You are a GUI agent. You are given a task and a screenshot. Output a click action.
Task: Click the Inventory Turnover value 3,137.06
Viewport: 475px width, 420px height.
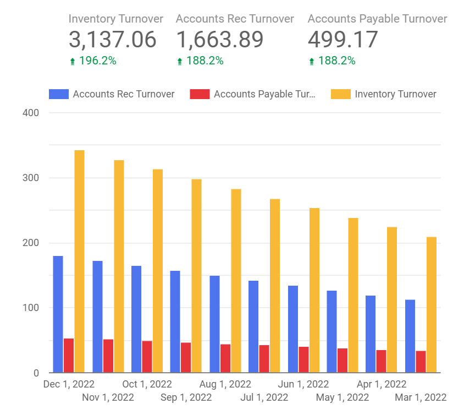coord(112,40)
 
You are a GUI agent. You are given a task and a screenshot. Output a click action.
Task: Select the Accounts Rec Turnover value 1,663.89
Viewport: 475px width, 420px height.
coord(219,40)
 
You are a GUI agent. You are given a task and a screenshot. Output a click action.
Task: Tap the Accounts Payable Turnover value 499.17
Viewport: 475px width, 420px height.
coord(343,40)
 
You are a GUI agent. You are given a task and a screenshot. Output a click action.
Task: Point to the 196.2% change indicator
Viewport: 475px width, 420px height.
coord(97,61)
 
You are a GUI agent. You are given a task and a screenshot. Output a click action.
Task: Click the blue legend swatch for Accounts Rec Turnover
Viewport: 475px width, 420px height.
coord(58,94)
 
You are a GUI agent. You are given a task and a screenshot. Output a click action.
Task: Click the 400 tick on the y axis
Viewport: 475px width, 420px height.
coord(30,113)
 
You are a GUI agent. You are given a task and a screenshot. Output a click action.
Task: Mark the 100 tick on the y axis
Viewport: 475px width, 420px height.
coord(30,308)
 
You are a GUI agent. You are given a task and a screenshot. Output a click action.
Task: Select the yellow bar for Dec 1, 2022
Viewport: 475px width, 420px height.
coord(79,261)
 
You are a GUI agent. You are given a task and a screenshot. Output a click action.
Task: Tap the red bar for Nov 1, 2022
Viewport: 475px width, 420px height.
coord(108,356)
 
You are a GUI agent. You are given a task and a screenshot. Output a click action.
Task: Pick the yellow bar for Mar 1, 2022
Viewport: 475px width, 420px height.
coord(431,304)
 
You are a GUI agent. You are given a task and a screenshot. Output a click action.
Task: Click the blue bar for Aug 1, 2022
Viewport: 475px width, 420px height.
coord(214,324)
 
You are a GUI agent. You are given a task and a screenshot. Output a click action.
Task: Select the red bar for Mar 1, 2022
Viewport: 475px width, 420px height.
coord(421,362)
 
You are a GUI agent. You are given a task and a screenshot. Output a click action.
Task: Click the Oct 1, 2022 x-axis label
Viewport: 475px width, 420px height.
coord(147,384)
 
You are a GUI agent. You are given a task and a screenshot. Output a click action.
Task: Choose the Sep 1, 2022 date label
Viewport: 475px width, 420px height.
coord(186,397)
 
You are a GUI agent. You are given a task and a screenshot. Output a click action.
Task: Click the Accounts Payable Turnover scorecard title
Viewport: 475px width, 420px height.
coord(377,19)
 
